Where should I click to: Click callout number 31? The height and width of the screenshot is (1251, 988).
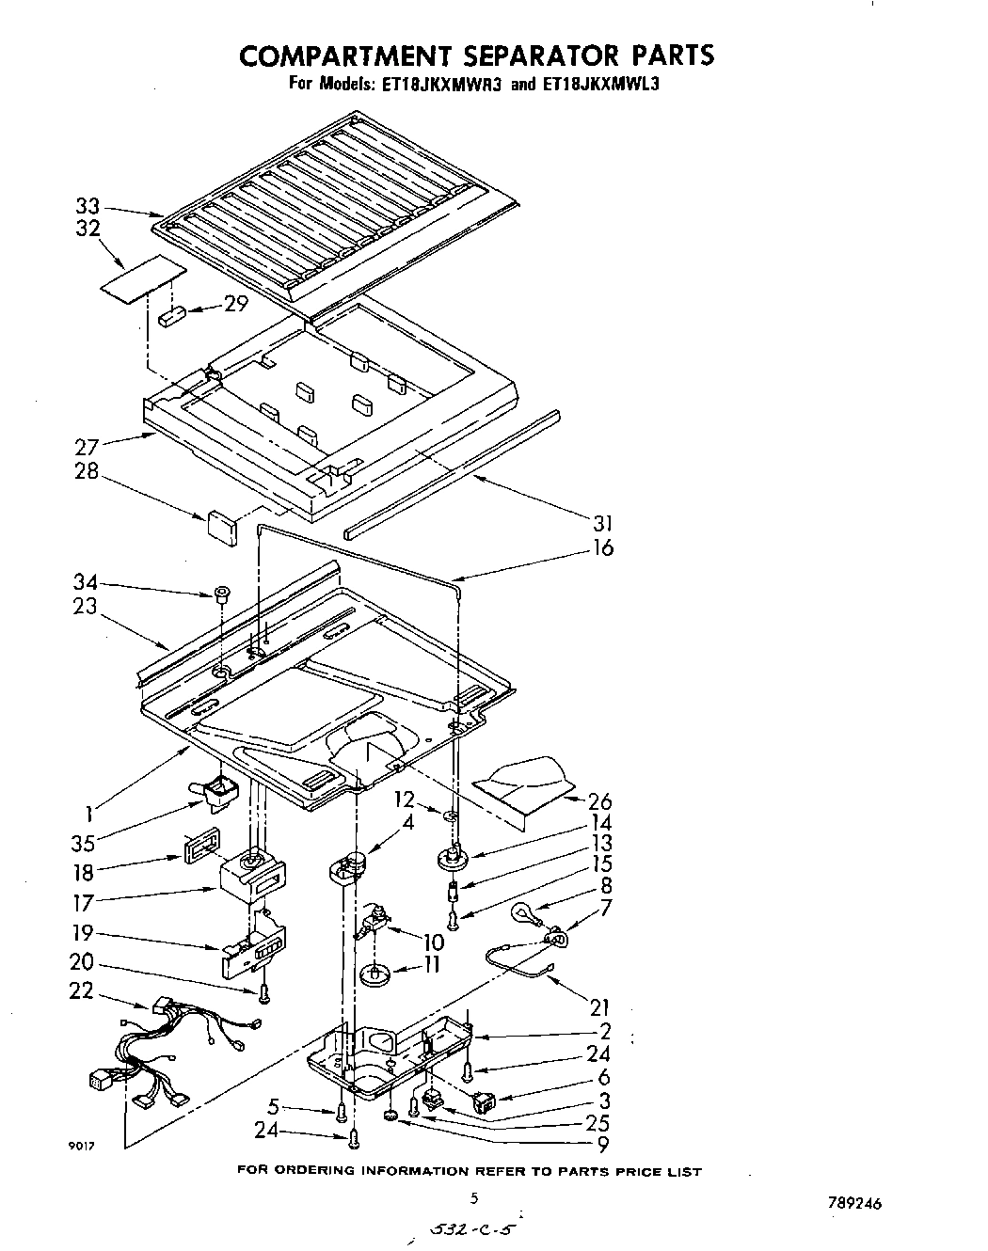pos(602,523)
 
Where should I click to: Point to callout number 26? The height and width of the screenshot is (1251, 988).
pos(599,801)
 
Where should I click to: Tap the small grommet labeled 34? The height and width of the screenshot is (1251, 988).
pos(222,594)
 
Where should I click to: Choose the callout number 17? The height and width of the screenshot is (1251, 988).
pos(84,903)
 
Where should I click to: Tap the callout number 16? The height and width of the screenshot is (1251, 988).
pos(602,547)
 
